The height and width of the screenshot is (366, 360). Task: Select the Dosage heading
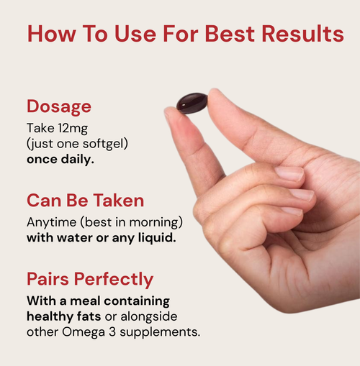[59, 106]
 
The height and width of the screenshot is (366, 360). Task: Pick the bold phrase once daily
[60, 159]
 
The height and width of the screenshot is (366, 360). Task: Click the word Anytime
[50, 222]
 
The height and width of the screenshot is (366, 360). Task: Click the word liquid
[154, 237]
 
